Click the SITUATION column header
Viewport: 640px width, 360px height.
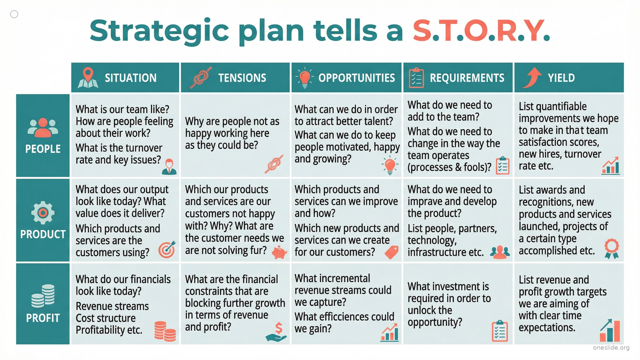pyautogui.click(x=130, y=78)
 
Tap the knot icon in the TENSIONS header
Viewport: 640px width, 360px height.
pyautogui.click(x=201, y=77)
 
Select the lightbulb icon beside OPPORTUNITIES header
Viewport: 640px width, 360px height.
pyautogui.click(x=304, y=77)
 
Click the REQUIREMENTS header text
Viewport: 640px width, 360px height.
pyautogui.click(x=467, y=78)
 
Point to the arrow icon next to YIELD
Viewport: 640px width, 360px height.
pyautogui.click(x=532, y=77)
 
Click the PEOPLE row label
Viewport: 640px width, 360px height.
pyautogui.click(x=43, y=149)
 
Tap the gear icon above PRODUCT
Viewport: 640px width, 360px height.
pyautogui.click(x=43, y=213)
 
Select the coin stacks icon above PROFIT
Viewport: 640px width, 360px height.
pyautogui.click(x=43, y=296)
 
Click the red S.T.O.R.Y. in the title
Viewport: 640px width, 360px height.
pyautogui.click(x=481, y=31)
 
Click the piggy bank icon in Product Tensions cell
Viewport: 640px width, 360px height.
pyautogui.click(x=279, y=252)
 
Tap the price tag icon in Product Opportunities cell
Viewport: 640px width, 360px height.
pyautogui.click(x=392, y=252)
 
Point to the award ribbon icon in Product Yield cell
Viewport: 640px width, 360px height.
pyautogui.click(x=612, y=249)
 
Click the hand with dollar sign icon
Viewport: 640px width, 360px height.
pyautogui.click(x=276, y=332)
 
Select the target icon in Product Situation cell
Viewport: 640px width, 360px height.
pyautogui.click(x=167, y=249)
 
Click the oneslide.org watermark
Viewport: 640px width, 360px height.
pyautogui.click(x=611, y=348)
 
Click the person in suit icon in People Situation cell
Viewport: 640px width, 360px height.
pyautogui.click(x=169, y=167)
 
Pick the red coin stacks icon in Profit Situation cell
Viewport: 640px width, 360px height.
pyautogui.click(x=165, y=331)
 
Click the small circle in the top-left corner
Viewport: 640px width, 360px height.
pyautogui.click(x=14, y=14)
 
